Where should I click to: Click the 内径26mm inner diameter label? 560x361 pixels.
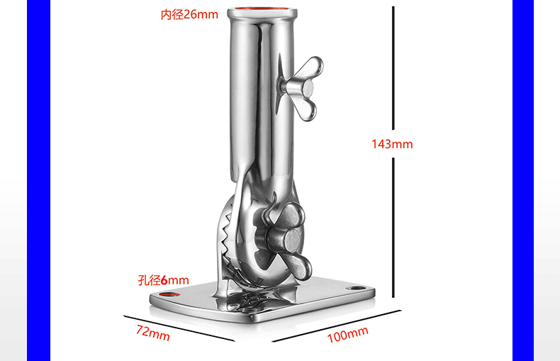click(189, 15)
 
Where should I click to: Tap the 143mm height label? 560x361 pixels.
click(392, 144)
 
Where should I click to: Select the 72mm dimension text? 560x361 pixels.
click(153, 333)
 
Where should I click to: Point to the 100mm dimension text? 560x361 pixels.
click(347, 335)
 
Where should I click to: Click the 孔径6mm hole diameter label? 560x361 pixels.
click(164, 280)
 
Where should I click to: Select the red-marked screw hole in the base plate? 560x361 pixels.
click(169, 294)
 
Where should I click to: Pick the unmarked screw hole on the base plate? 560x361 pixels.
click(356, 288)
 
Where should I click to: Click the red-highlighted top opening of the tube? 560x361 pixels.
click(262, 9)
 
